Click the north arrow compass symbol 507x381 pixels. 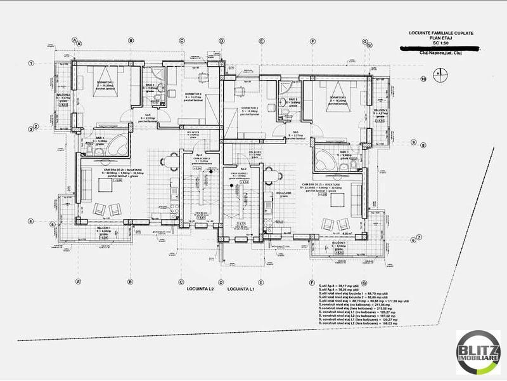[438, 74]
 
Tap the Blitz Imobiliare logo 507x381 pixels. [478, 352]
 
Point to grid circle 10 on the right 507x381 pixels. [423, 79]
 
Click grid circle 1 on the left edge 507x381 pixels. [31, 63]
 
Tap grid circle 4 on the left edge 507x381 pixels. [31, 221]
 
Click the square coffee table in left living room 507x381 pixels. [104, 184]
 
